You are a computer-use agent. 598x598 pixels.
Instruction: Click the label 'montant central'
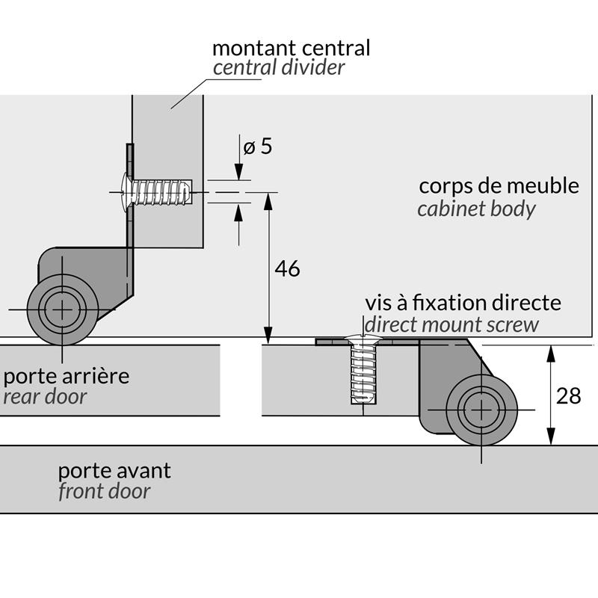[291, 49]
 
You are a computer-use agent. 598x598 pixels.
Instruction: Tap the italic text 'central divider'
[279, 68]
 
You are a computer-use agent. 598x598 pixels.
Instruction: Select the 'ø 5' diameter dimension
[257, 147]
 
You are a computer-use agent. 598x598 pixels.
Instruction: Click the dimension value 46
[287, 269]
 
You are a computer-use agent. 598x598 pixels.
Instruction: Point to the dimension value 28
[569, 396]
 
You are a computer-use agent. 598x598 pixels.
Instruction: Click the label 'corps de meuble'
[499, 185]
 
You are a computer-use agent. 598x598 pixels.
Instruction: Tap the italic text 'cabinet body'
[476, 209]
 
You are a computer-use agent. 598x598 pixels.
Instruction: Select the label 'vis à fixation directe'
[463, 303]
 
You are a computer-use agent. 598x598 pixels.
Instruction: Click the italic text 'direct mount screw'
[451, 324]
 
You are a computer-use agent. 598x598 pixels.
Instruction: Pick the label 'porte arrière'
[66, 375]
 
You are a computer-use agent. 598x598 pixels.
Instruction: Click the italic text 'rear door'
[45, 396]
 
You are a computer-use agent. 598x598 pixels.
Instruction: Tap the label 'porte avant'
[114, 471]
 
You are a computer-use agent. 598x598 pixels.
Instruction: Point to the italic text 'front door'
[104, 491]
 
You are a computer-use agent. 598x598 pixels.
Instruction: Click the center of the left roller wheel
[63, 309]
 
